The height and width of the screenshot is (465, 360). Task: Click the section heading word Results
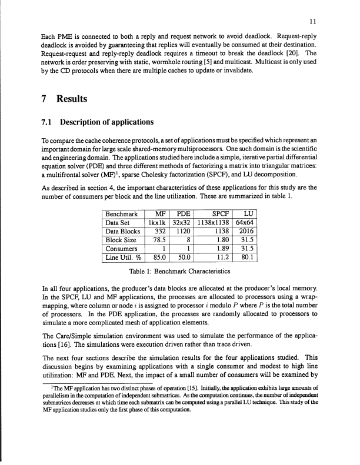coord(71,99)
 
